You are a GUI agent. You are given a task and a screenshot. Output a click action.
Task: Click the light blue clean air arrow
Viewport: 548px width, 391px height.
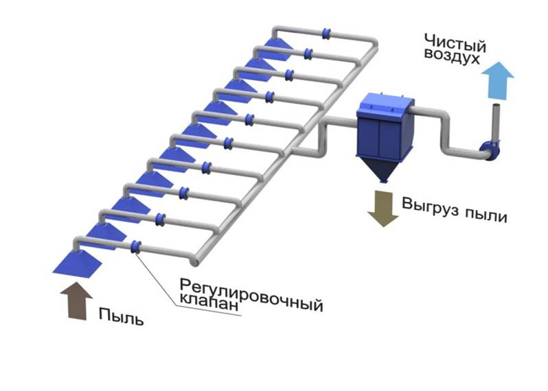pos(496,80)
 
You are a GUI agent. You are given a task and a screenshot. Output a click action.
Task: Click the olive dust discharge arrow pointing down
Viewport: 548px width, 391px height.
pos(383,209)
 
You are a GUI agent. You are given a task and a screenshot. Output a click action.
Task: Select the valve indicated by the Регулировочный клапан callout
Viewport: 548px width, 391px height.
pos(136,246)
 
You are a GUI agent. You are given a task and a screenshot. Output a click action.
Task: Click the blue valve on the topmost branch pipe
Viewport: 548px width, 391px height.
pos(327,32)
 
